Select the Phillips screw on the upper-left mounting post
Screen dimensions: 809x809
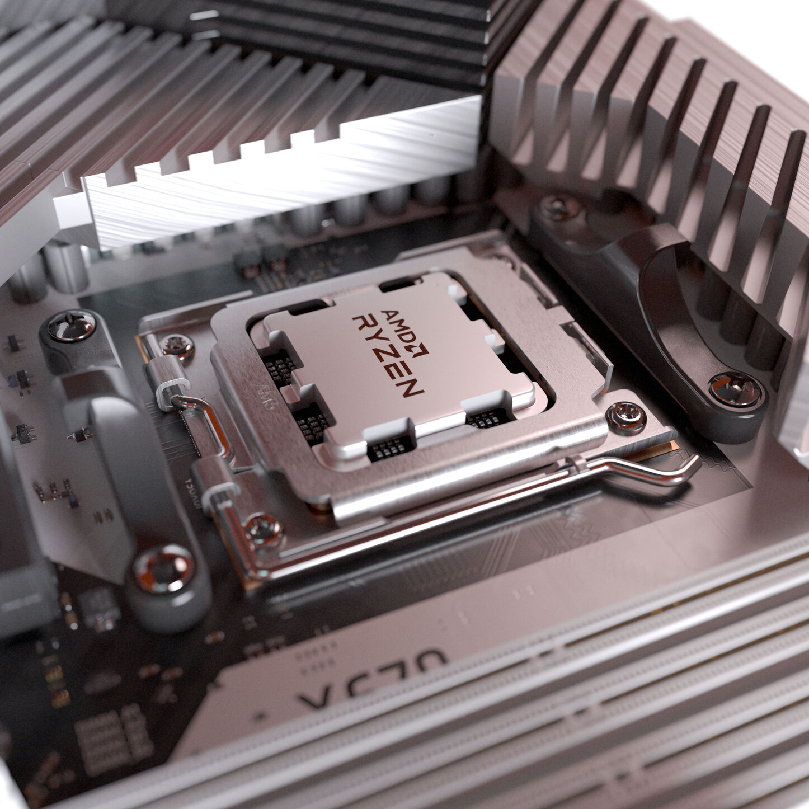[72, 326]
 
